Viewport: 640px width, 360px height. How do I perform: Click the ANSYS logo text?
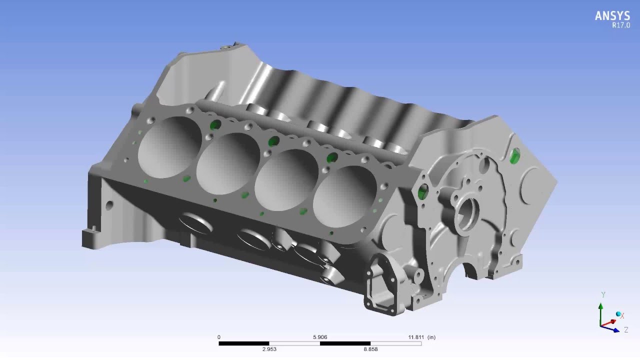(612, 15)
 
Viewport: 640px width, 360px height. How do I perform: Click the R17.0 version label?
(621, 25)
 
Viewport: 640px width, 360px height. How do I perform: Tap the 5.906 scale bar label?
(320, 337)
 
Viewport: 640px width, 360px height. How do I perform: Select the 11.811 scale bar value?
(416, 337)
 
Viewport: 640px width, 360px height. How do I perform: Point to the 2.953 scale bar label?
(269, 349)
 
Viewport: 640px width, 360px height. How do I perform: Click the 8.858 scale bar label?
(370, 349)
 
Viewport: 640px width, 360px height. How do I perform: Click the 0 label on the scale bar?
(219, 337)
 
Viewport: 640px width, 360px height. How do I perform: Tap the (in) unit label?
(431, 337)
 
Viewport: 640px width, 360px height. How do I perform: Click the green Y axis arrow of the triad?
(601, 314)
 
